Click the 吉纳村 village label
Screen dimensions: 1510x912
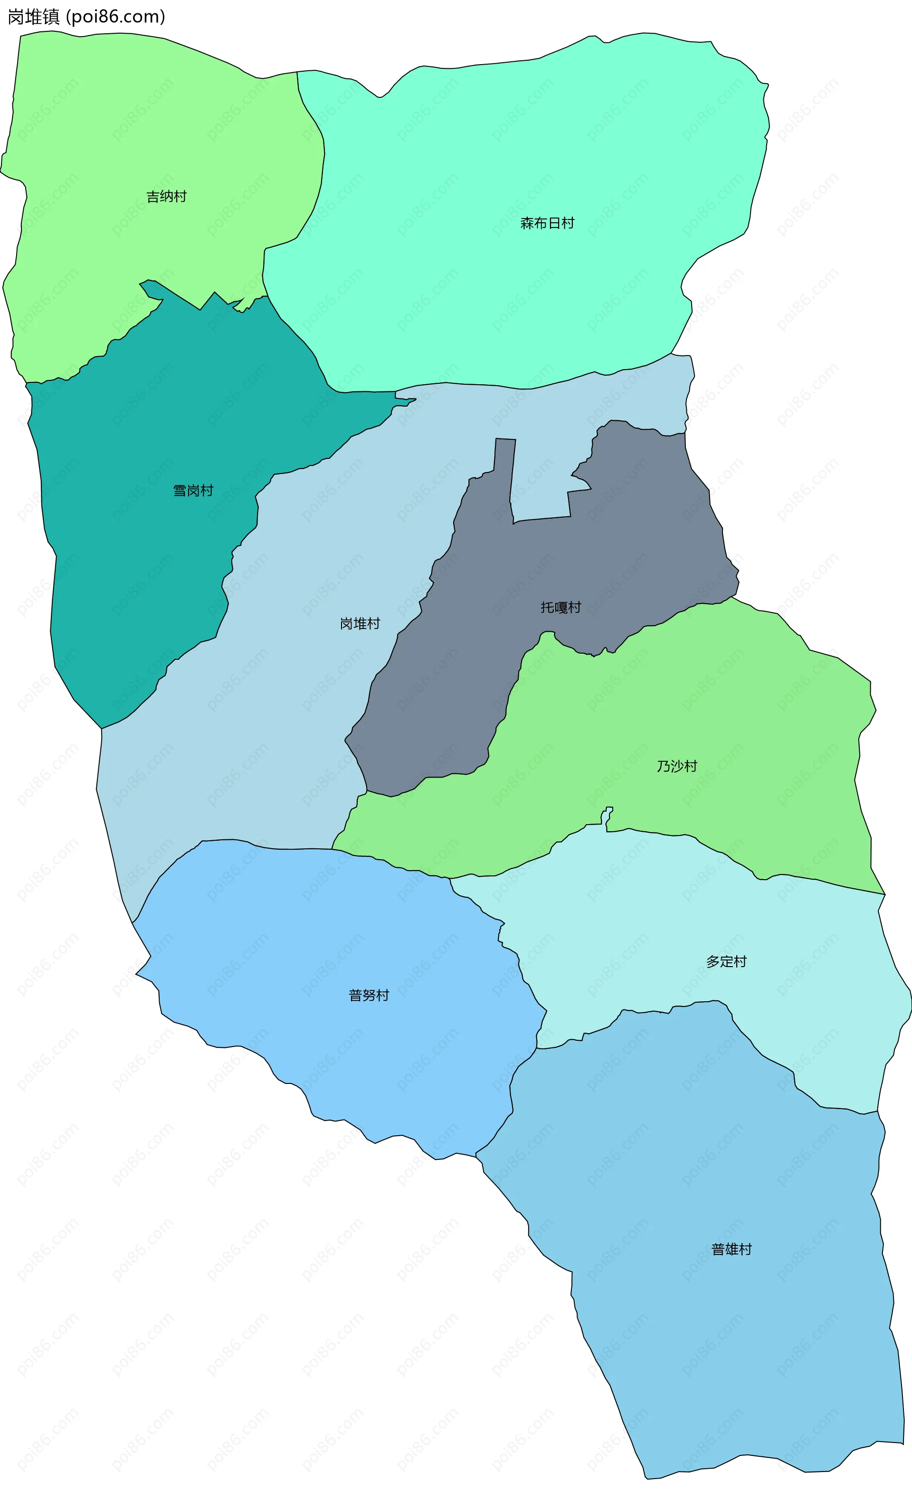point(166,197)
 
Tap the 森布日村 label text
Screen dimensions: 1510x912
point(547,224)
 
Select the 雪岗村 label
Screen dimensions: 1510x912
point(193,491)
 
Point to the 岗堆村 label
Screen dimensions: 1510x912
point(360,624)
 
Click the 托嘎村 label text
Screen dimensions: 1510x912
point(560,608)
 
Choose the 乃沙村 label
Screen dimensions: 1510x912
point(677,766)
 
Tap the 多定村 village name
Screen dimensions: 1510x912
point(726,961)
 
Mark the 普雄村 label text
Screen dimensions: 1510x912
point(731,1250)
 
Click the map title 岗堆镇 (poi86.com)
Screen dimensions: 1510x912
point(86,17)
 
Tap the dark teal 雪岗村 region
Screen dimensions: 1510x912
point(135,582)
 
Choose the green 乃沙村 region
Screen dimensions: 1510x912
point(766,705)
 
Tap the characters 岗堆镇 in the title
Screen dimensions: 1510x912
point(34,17)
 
